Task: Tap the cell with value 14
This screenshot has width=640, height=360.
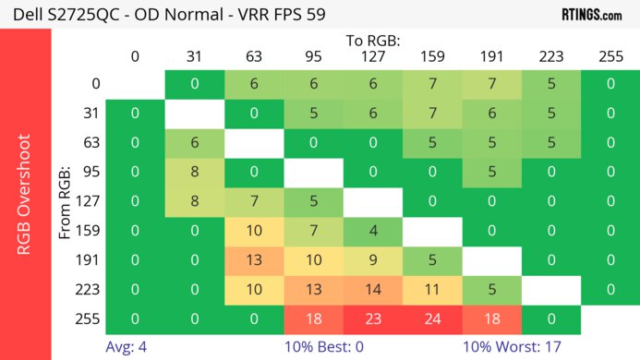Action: [372, 289]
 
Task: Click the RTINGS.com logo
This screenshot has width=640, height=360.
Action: [591, 15]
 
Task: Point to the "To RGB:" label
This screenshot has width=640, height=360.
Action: [372, 41]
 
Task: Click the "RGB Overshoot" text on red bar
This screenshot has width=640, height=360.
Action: [25, 194]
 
